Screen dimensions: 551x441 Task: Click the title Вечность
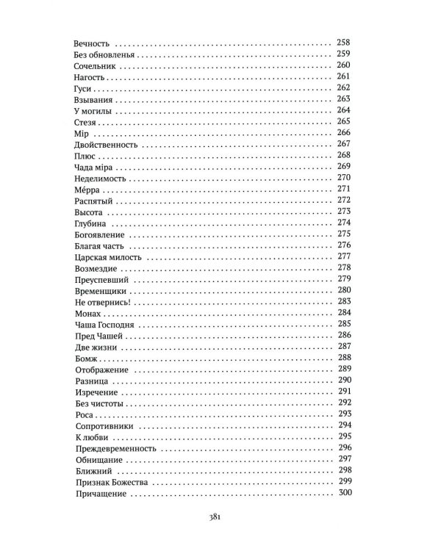tap(95, 43)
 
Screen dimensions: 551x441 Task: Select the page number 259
tap(343, 54)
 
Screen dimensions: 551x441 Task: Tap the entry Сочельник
tap(98, 66)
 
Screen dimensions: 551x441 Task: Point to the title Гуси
tap(85, 88)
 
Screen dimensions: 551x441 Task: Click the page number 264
tap(343, 111)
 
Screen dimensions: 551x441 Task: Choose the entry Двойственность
tap(110, 145)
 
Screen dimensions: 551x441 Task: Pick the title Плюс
tap(87, 156)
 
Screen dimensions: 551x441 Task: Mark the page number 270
tap(343, 179)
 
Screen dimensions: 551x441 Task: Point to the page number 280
tap(343, 291)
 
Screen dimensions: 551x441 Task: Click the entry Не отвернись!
tap(103, 302)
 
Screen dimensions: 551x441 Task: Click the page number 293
tap(343, 414)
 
